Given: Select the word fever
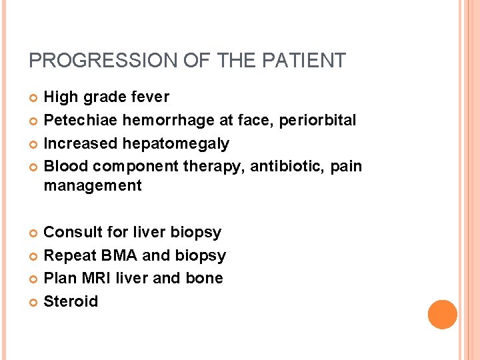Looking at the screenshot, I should [148, 97].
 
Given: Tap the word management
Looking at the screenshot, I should [93, 186].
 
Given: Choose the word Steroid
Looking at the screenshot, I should [71, 301].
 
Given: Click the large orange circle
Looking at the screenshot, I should [443, 315].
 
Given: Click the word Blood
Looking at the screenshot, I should [66, 166].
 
